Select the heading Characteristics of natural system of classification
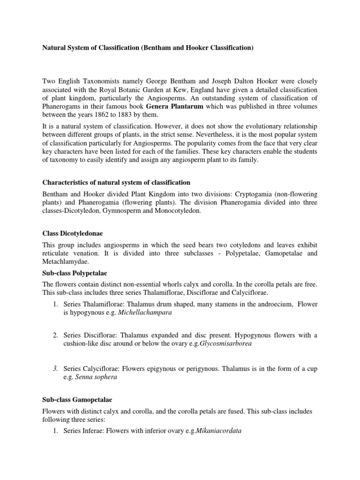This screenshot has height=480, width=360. click(x=117, y=182)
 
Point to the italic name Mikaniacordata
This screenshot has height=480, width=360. click(x=215, y=431)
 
